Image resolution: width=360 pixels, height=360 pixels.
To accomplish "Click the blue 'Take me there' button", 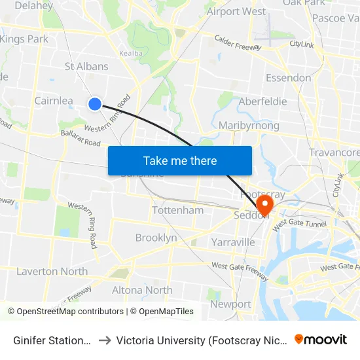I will click(180, 160).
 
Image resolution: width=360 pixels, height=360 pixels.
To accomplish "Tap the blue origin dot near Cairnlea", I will click(95, 103).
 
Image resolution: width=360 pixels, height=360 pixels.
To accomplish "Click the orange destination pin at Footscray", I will click(265, 204).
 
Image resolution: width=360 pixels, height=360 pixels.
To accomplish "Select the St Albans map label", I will click(86, 66).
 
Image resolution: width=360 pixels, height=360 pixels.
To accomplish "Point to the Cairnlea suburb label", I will click(54, 101).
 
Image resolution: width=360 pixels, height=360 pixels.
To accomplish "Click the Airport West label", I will click(236, 11).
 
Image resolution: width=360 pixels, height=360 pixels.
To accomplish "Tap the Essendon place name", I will click(289, 78).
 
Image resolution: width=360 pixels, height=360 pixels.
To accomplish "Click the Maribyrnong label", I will click(249, 125).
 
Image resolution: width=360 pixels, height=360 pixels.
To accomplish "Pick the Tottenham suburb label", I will click(177, 210).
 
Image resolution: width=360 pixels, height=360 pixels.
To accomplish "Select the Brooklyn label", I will click(156, 238).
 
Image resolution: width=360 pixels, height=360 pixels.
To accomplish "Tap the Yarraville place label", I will click(233, 242).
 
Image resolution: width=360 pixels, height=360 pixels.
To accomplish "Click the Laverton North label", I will click(52, 271).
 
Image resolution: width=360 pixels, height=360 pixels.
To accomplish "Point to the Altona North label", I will click(142, 290).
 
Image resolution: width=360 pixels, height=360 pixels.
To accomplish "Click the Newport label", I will click(230, 304).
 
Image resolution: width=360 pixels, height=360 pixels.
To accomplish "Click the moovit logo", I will click(321, 339).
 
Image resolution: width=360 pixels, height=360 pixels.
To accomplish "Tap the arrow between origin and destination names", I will click(104, 340).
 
